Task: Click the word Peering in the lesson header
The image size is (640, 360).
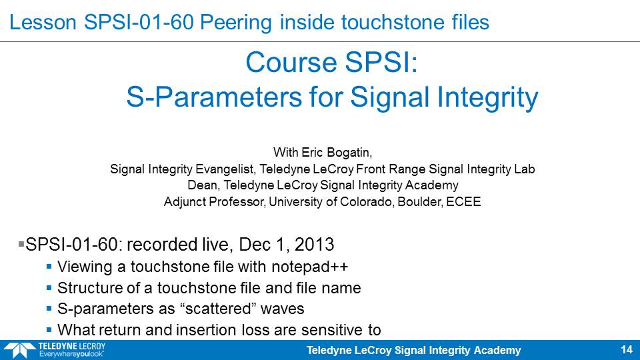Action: click(235, 23)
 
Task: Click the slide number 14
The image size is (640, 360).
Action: click(627, 349)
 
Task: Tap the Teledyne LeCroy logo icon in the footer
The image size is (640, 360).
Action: click(19, 351)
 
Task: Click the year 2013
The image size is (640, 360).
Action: click(314, 245)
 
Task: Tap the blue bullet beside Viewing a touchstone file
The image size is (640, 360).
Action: click(49, 267)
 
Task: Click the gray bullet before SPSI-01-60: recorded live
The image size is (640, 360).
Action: click(21, 244)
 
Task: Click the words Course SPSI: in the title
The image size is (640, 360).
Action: click(331, 63)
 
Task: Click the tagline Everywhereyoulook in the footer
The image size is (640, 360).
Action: click(71, 354)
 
